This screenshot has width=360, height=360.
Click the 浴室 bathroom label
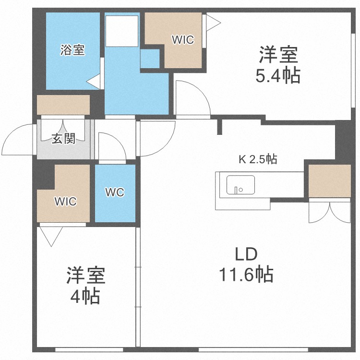coord(72,50)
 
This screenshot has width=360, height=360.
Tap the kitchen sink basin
coord(240,185)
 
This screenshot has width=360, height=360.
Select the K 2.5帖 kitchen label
coord(258,159)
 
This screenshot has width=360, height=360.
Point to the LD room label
coord(246,254)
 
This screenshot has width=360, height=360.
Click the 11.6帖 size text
coord(246,274)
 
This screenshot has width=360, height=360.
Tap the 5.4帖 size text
coord(278,75)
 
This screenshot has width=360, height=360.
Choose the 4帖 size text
coord(85,296)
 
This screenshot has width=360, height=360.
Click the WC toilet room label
coord(115,192)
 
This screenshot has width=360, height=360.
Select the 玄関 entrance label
coord(63,138)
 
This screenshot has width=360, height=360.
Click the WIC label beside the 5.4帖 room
coord(183,40)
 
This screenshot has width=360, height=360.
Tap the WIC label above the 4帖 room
coord(65,201)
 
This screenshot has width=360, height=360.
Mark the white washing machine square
coord(122,31)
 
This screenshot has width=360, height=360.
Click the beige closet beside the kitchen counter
coord(329,180)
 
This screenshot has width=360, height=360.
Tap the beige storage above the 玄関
coord(63,105)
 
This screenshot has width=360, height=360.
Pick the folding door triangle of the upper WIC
coord(213,23)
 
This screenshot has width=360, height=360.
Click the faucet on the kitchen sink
coord(236,191)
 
